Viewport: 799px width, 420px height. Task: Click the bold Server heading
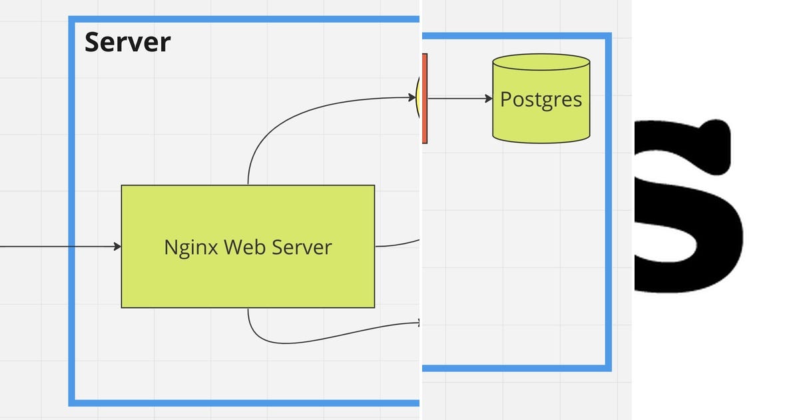(127, 42)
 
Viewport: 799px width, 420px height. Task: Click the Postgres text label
(541, 99)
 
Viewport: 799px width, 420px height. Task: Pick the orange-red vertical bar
(424, 98)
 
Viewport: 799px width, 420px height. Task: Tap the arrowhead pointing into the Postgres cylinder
(489, 99)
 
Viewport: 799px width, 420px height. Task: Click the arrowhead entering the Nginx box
(117, 247)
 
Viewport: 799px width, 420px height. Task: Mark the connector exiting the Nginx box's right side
(397, 245)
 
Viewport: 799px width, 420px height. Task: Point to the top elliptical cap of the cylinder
(541, 63)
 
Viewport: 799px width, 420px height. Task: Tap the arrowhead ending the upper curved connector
(412, 98)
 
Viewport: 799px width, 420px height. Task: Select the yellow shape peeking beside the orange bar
(418, 98)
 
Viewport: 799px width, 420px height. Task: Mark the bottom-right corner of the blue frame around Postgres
(608, 367)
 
